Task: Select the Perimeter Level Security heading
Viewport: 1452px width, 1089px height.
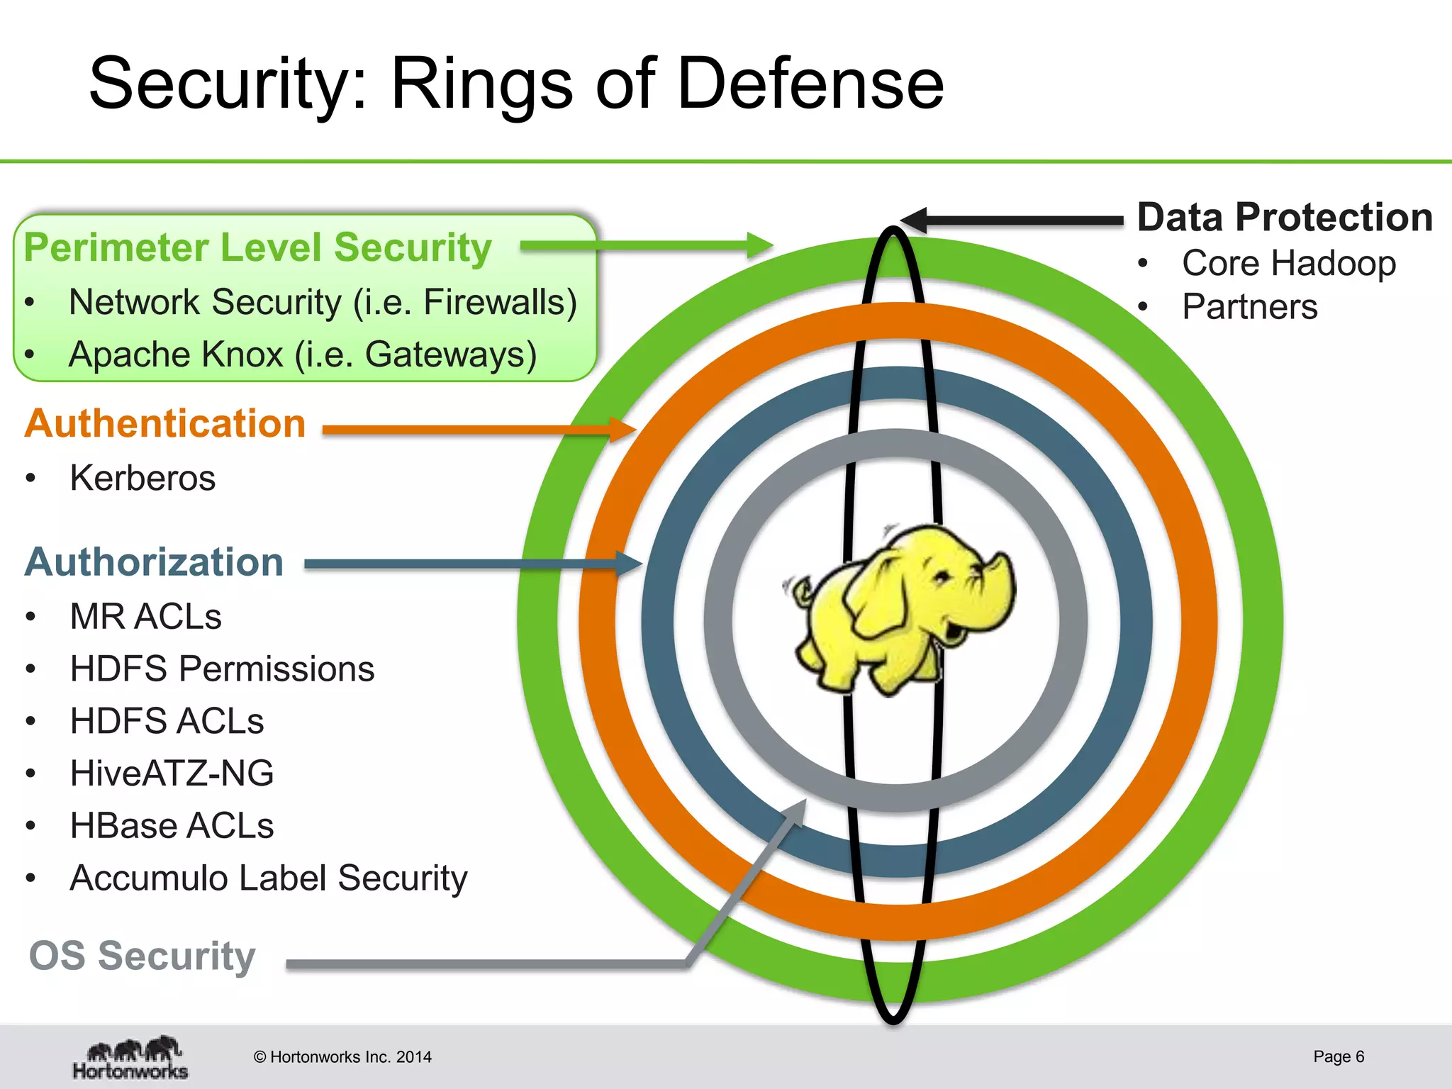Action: (257, 248)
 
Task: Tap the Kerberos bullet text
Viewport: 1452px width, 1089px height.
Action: (143, 478)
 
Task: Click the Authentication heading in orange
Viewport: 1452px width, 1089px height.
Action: (165, 424)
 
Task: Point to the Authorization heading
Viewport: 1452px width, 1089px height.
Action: (155, 562)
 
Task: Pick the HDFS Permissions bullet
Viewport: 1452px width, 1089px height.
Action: (222, 669)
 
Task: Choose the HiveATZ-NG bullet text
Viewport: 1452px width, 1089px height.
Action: (172, 773)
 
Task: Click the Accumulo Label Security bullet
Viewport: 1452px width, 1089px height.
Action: (269, 878)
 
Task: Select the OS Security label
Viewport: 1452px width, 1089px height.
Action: (142, 956)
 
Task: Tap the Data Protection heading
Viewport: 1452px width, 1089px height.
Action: (1285, 217)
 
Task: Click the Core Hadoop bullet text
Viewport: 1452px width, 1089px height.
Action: (1288, 263)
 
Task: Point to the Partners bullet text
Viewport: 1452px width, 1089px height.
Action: (1249, 307)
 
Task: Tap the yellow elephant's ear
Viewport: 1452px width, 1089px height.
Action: (879, 596)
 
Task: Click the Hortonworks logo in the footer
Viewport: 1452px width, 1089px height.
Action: (130, 1058)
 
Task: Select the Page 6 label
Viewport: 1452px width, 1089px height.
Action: (1338, 1056)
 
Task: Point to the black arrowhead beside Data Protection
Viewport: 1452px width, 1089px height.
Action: (915, 220)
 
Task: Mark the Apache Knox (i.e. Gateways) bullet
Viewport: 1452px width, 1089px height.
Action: (303, 354)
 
